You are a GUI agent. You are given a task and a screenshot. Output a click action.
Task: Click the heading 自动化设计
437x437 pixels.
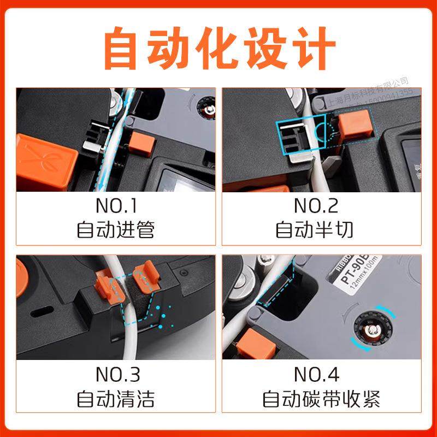point(218,48)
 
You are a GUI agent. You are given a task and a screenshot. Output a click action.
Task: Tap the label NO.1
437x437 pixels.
point(116,206)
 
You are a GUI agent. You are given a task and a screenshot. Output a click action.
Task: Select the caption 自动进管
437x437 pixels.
point(116,230)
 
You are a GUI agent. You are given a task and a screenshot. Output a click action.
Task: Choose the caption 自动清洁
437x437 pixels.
point(116,399)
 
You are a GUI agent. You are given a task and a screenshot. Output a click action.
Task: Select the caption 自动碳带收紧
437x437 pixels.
point(321,399)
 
